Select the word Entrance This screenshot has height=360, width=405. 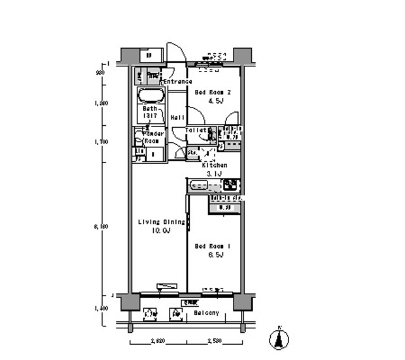tap(178, 82)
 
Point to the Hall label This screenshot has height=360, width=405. tap(177, 118)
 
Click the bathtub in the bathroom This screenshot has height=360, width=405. tap(151, 97)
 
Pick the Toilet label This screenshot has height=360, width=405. tap(197, 130)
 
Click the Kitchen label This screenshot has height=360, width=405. tap(214, 164)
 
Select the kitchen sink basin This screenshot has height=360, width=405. tap(200, 186)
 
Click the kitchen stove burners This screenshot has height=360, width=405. tap(230, 185)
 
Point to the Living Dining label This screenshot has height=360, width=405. tap(161, 222)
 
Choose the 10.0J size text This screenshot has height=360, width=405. tap(161, 231)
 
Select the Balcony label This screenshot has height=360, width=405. tap(206, 313)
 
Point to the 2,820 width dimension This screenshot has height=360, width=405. tap(158, 341)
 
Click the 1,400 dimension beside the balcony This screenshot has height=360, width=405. tap(101, 308)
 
